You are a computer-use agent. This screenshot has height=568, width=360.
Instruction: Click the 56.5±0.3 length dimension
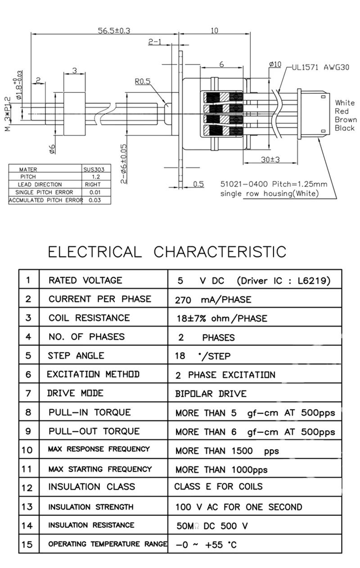point(114,31)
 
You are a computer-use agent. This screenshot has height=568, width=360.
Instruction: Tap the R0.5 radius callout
point(143,81)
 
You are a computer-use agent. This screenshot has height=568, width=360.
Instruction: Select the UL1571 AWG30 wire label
point(320,68)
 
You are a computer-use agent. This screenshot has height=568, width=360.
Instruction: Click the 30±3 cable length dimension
point(270,159)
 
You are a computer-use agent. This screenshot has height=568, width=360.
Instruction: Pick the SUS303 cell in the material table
point(94,169)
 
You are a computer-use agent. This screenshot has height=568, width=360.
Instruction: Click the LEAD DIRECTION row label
point(40,185)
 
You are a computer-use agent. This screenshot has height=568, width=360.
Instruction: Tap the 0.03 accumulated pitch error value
point(95,200)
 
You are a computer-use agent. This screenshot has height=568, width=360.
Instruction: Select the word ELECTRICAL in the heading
point(95,252)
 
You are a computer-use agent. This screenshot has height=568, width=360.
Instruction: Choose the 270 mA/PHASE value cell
point(213,300)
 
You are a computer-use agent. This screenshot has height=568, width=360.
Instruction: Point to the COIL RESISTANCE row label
point(89,318)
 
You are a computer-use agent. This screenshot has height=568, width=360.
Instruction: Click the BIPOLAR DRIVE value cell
point(211,393)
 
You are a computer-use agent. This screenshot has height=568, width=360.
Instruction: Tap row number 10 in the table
point(27,450)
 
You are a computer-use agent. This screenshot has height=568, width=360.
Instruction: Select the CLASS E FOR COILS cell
point(219,487)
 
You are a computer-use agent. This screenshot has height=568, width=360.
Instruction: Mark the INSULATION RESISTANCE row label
point(91,525)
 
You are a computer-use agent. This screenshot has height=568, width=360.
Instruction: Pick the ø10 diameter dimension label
point(275,64)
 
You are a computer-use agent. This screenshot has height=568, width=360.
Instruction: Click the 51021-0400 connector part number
point(244,184)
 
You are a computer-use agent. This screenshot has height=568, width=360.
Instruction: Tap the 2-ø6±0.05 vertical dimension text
point(123,164)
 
